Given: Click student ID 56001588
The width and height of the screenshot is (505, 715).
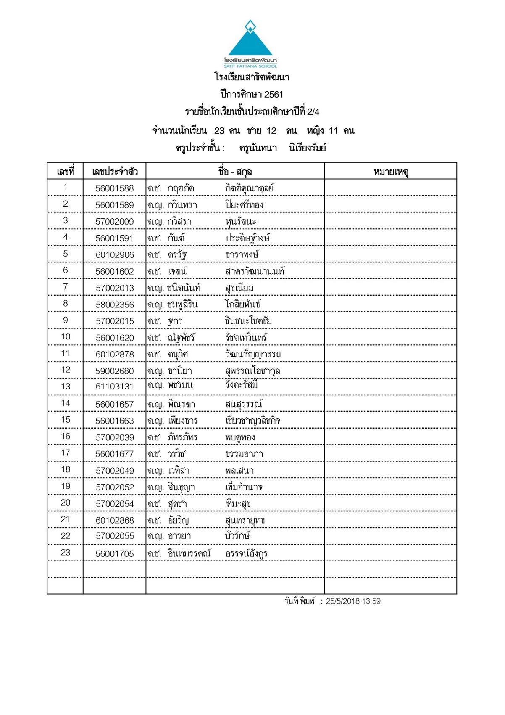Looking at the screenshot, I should [114, 188].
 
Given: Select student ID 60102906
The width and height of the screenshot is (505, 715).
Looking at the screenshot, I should [114, 255].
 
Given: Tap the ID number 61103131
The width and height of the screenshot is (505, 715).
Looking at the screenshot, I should [114, 387].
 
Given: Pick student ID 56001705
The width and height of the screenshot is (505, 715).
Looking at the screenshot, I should [114, 554].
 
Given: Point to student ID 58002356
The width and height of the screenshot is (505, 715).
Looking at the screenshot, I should [114, 305].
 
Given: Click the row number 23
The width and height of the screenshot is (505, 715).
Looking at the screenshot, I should [66, 553].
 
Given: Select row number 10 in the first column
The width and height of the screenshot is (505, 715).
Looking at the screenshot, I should [66, 337].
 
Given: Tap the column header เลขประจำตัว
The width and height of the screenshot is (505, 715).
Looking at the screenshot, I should [115, 172].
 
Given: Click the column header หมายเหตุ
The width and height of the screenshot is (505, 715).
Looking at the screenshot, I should [391, 172].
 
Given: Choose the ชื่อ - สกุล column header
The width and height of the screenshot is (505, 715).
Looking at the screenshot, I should [235, 172].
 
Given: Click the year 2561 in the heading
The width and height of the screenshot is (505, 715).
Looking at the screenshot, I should [274, 95].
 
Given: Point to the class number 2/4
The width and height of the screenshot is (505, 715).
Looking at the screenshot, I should [313, 112].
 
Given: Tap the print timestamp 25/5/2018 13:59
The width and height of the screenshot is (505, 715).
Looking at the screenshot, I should [353, 601].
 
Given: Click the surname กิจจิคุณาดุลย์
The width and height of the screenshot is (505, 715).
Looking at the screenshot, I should [249, 188].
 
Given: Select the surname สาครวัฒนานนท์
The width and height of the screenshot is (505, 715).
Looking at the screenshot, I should [255, 271].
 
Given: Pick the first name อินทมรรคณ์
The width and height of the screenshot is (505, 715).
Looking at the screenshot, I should [189, 553].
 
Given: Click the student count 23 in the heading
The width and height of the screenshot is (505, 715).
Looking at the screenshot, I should [219, 131].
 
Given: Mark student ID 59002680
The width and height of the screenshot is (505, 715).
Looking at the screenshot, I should [114, 371].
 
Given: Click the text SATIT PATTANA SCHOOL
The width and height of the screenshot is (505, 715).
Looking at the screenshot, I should [250, 66].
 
